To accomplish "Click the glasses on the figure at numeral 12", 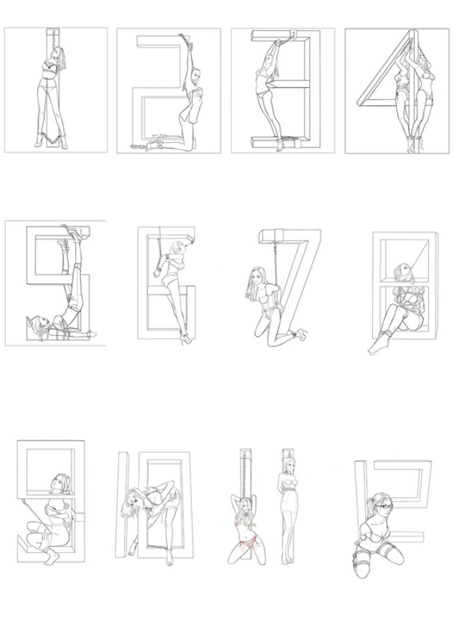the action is [385, 507].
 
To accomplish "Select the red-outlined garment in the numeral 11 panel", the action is [248, 542].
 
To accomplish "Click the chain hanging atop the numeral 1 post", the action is [52, 41].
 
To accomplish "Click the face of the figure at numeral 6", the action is [180, 248].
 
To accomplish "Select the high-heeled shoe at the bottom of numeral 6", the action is [185, 338].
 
